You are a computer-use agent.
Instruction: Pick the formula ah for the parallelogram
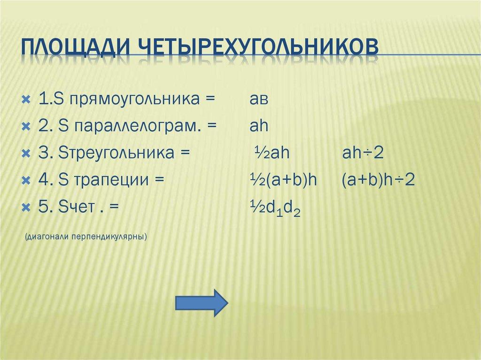pos(259,127)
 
